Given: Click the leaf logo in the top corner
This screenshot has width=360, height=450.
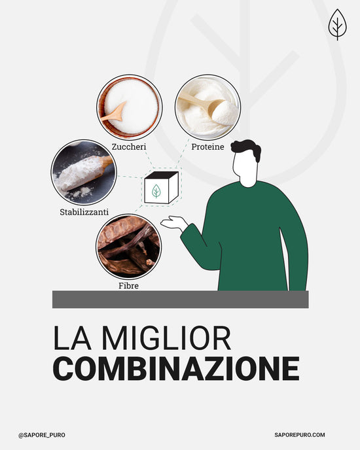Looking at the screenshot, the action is tap(337, 24).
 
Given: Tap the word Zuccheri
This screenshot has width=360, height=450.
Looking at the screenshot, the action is tap(129, 147).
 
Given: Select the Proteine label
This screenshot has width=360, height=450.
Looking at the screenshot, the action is tap(207, 147).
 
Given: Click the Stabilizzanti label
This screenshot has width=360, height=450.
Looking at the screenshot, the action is tap(84, 212).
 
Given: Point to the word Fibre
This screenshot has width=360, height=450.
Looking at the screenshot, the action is tap(128, 286).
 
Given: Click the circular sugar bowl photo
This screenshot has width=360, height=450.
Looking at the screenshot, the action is tap(130, 107).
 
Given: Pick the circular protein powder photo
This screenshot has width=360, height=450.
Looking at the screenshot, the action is tap(207, 107).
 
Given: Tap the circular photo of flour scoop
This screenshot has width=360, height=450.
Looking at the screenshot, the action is tap(84, 173).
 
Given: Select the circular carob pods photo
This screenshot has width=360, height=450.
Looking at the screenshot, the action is tap(128, 247).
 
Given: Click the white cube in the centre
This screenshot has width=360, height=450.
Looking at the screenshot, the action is tap(161, 188).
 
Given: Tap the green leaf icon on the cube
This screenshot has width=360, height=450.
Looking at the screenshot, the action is tap(156, 191).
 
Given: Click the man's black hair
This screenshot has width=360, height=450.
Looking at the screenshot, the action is tap(247, 148).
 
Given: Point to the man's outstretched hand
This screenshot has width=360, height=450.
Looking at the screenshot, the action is tap(173, 223).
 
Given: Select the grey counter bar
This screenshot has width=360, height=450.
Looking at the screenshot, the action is tap(181, 300).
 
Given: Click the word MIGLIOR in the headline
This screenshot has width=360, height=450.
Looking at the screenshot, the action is tap(167, 337).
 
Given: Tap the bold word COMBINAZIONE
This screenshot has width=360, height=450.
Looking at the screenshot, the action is tap(176, 368).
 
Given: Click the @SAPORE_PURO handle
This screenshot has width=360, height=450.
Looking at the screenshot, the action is tap(42, 435).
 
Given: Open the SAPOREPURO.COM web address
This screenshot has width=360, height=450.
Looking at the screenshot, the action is tap(300, 435).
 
